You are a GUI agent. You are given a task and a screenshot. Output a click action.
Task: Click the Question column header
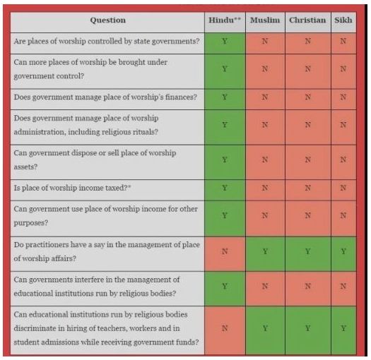[108, 20]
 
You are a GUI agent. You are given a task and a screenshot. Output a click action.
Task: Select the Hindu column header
[225, 20]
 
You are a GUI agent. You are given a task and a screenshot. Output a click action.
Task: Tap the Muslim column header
[265, 20]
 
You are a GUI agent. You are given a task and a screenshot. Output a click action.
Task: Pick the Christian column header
[307, 20]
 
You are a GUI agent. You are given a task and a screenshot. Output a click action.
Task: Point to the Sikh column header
[343, 20]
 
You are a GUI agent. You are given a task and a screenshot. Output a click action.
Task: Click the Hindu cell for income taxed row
[225, 188]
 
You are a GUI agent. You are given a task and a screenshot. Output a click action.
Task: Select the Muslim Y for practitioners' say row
[265, 251]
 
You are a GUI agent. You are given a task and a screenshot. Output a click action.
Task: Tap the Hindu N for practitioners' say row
[225, 251]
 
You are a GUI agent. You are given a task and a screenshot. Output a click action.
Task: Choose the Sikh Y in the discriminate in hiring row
[343, 328]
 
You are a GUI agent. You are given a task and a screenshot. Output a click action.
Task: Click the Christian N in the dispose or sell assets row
[307, 160]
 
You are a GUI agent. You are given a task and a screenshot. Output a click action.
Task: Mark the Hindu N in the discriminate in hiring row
[225, 328]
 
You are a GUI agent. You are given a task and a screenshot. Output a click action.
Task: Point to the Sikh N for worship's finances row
[343, 97]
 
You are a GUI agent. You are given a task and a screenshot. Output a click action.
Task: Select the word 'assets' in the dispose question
[25, 167]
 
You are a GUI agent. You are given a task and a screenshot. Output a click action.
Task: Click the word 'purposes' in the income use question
[31, 223]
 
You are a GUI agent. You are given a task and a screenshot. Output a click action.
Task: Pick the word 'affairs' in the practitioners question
[64, 258]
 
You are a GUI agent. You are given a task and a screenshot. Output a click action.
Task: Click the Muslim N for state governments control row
[265, 41]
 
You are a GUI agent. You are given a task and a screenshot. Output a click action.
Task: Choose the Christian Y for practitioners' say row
[307, 251]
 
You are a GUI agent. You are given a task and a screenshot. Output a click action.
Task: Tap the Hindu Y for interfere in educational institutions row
[225, 287]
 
